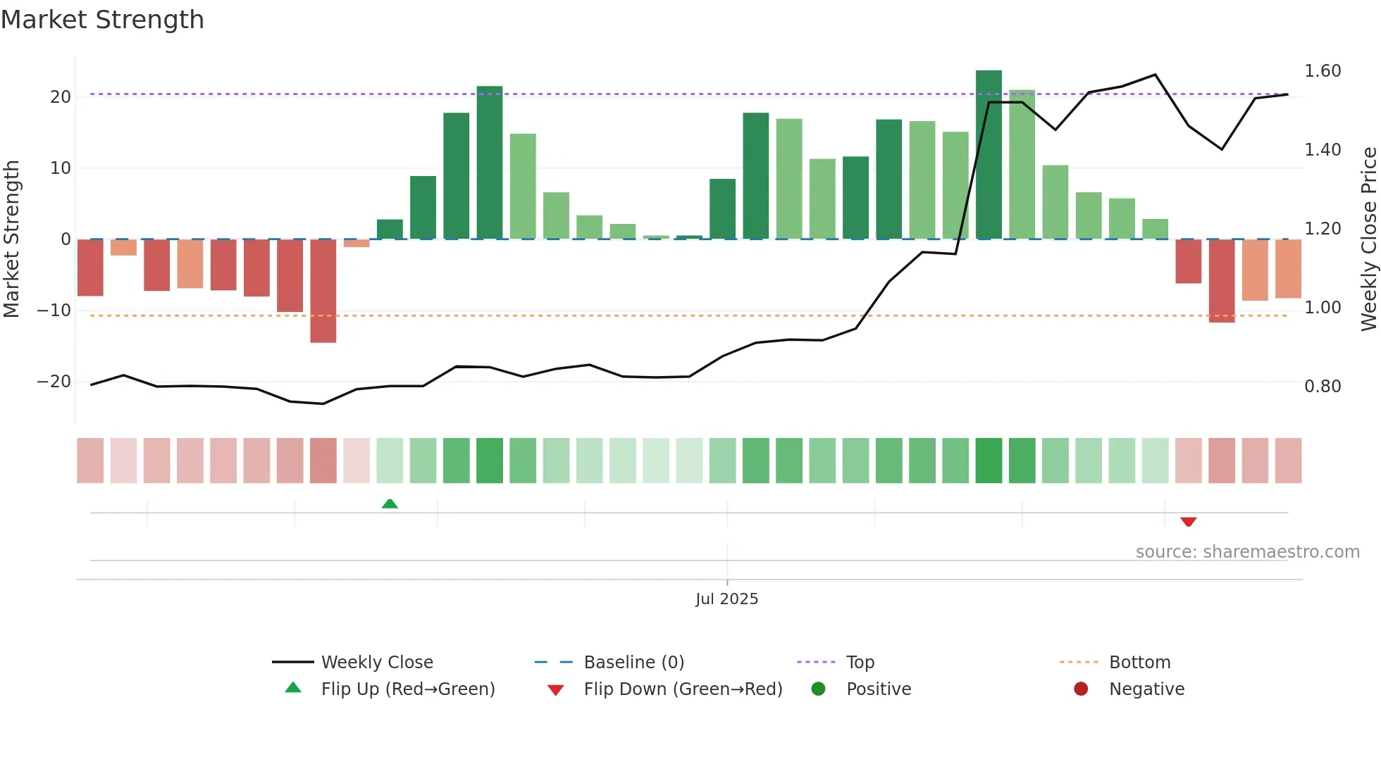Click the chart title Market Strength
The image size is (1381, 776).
[x=102, y=20]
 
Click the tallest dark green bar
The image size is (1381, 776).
[x=989, y=155]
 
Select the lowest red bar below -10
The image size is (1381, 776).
[x=323, y=291]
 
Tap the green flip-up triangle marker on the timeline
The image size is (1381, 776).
[x=390, y=503]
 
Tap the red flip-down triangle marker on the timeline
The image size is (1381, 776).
[x=1189, y=522]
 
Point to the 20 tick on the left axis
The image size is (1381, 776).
[x=61, y=97]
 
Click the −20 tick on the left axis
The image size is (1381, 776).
[x=54, y=382]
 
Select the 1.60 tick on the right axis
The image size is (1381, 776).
[x=1323, y=71]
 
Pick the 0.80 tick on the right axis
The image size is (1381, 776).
[x=1323, y=387]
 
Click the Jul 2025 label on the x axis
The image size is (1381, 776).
[x=726, y=599]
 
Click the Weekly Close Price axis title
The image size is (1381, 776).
[x=1368, y=239]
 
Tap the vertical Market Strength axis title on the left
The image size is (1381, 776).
[x=11, y=239]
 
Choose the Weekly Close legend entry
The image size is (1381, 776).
[x=376, y=663]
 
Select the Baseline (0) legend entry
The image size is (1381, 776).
[x=633, y=663]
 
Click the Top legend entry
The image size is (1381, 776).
[x=860, y=663]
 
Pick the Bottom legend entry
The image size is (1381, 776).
[x=1139, y=663]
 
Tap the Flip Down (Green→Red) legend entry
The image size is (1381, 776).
[x=682, y=689]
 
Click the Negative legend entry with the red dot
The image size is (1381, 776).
[x=1146, y=689]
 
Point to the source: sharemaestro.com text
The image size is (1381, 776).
[x=1247, y=552]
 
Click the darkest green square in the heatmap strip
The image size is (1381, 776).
[x=989, y=461]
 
